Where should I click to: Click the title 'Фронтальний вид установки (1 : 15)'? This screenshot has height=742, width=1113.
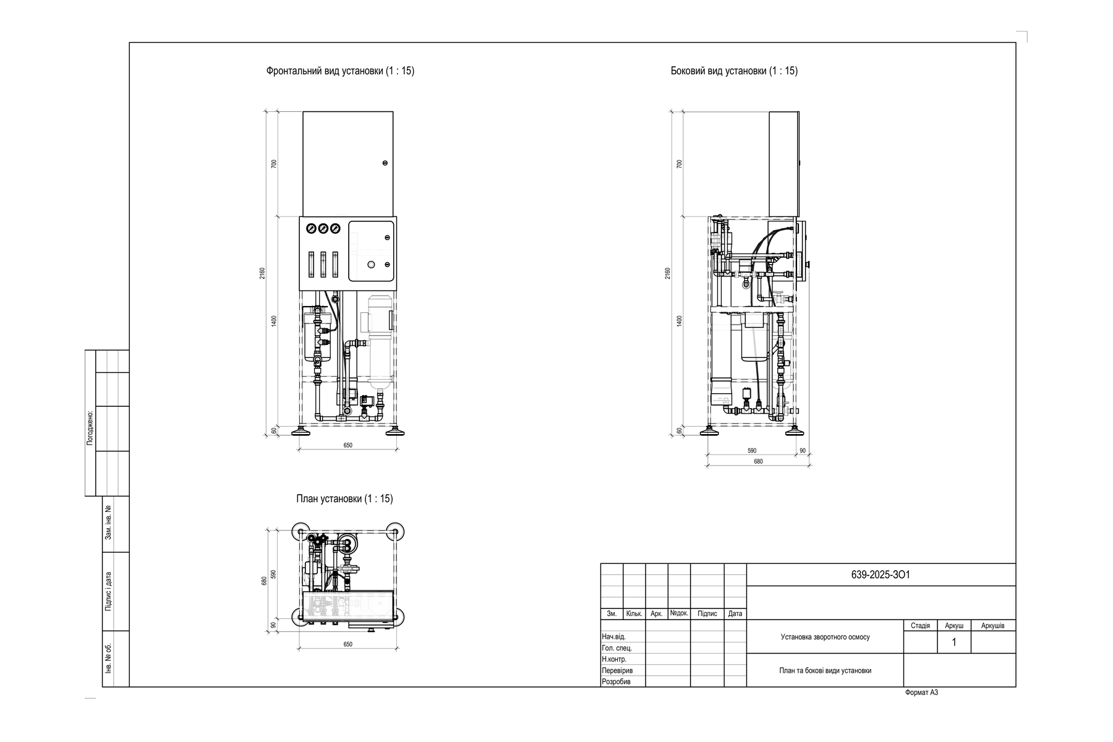tap(340, 71)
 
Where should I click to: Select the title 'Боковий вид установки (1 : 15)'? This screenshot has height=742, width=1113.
tap(734, 71)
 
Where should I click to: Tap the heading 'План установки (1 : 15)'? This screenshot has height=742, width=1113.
tap(344, 499)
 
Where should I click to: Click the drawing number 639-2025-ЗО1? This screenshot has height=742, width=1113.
tap(881, 575)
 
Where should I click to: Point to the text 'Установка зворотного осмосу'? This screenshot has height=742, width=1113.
tap(825, 637)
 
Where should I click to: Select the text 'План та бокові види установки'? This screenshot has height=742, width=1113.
tap(825, 671)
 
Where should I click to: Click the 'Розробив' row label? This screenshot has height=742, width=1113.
tap(616, 682)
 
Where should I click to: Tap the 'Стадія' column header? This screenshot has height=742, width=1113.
tap(920, 626)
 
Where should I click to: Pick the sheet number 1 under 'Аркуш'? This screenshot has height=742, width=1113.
tap(953, 642)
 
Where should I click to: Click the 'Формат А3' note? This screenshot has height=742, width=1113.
tap(921, 693)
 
